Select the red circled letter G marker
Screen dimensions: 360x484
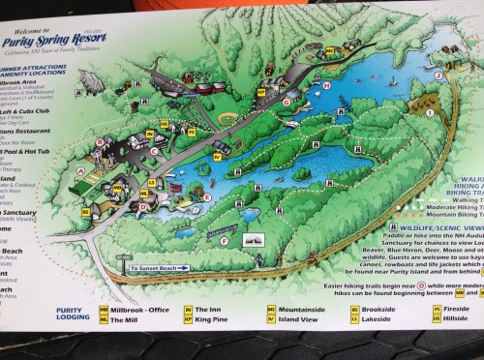[286, 100]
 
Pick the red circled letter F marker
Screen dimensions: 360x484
[225, 240]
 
